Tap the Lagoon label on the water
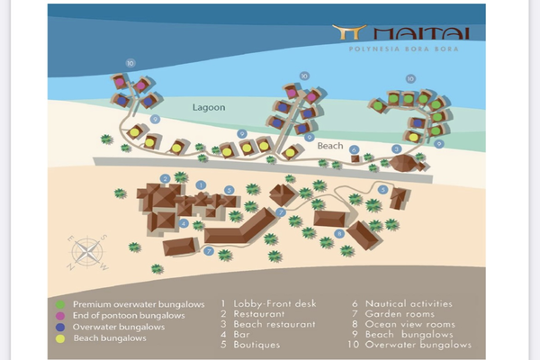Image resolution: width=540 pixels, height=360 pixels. click(209, 107)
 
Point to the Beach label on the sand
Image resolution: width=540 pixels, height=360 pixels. click(330, 146)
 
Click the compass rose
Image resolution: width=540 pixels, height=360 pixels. click(87, 252)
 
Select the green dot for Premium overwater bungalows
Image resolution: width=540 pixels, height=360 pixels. click(60, 304)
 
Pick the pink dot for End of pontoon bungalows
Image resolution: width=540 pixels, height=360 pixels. click(60, 316)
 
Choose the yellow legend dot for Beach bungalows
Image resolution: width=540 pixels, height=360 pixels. click(60, 338)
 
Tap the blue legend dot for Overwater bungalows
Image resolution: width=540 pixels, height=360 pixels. click(60, 328)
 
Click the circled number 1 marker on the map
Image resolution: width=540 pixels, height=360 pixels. click(201, 185)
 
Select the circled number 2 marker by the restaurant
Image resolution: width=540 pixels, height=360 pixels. click(166, 179)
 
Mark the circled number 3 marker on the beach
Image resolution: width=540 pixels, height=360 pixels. click(396, 149)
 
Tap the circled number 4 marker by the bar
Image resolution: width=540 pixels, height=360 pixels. click(184, 223)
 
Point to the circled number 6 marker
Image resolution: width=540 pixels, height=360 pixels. click(354, 149)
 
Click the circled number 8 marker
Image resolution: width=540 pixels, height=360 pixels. click(339, 234)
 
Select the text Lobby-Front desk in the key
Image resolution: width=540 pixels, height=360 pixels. click(274, 304)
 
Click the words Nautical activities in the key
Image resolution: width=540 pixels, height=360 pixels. click(409, 304)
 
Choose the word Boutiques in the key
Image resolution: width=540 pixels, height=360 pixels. click(256, 345)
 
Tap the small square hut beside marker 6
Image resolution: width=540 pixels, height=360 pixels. click(355, 158)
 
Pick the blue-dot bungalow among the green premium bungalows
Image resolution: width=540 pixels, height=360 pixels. click(418, 122)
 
